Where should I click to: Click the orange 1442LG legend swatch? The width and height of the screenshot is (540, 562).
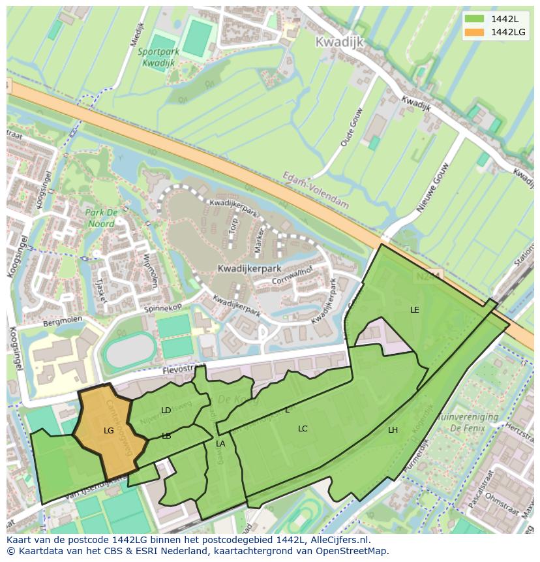point(475,32)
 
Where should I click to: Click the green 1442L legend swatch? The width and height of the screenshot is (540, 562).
point(475,19)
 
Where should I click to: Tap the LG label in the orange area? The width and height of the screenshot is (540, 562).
point(109,431)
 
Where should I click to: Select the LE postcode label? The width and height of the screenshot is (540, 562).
point(415,310)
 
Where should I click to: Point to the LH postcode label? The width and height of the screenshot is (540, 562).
point(393,430)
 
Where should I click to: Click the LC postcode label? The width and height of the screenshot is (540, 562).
point(303,429)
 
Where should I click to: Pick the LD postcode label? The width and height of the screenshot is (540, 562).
point(166,411)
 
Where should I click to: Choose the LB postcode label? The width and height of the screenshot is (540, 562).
point(166,436)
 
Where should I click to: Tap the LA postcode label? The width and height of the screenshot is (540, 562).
point(220,444)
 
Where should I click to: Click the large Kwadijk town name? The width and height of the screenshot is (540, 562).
point(338,42)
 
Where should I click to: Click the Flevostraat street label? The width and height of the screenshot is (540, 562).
point(177,371)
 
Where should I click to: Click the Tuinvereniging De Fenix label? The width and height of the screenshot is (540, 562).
point(468,422)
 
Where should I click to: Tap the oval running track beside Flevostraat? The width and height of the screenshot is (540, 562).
point(130,350)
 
